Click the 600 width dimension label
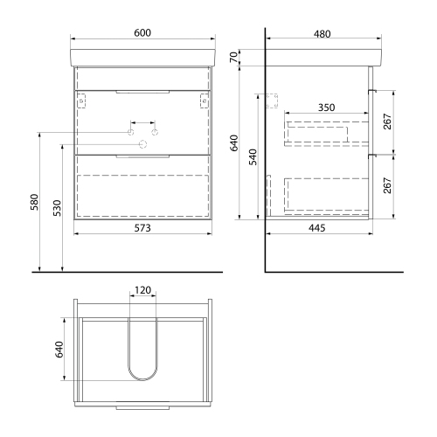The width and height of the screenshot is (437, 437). pos(142,33)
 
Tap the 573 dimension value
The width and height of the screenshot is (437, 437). pos(142,228)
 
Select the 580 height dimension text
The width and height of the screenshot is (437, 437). pos(34,202)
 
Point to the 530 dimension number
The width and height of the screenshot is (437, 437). pos(58,208)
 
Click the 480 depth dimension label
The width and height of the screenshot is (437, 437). pos(323,34)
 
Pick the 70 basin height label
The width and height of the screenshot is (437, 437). pos(233,58)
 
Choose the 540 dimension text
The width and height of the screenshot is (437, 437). pos(253,156)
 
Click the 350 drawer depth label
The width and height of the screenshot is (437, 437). pos(326,108)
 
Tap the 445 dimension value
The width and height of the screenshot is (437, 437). pos(316,228)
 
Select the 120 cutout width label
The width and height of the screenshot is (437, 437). pos(142,290)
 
